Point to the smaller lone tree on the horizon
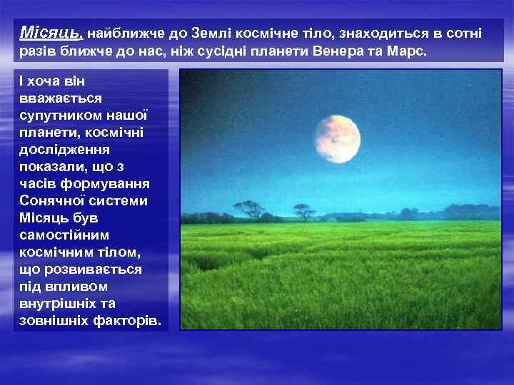tap(303, 210)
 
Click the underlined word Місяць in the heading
tap(51, 33)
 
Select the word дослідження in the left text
tap(64, 150)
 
